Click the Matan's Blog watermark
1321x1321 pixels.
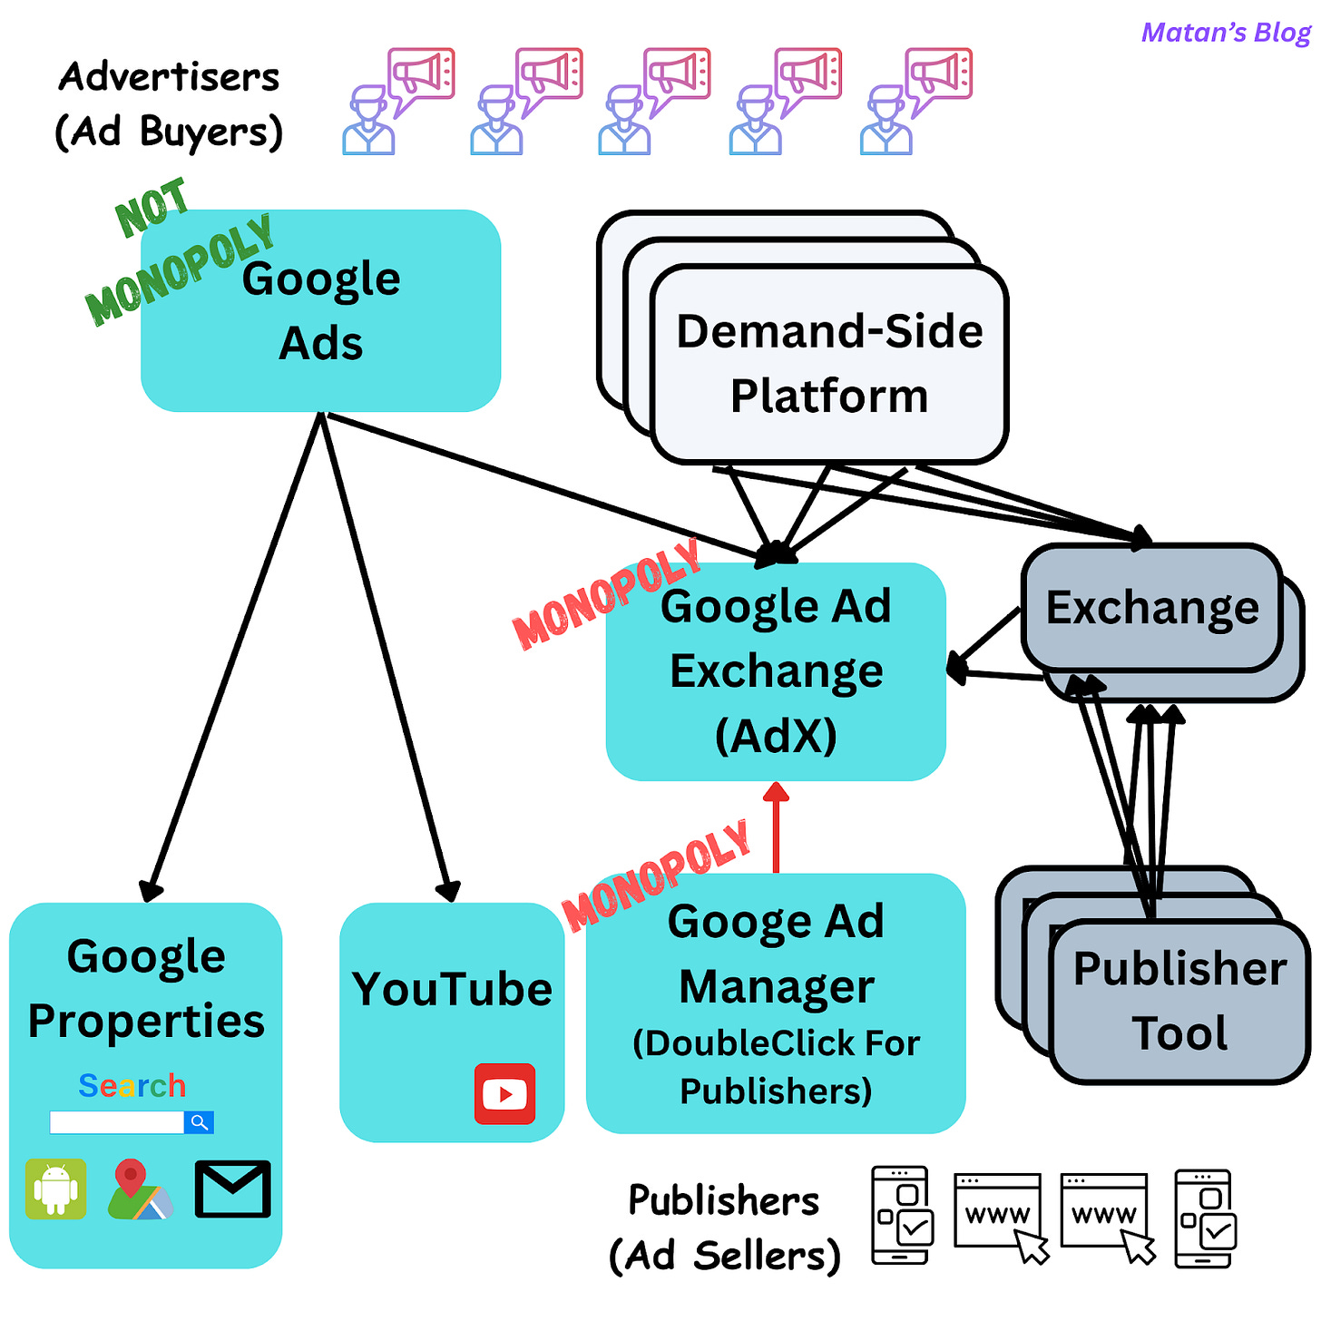pyautogui.click(x=1225, y=33)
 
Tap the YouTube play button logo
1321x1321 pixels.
pyautogui.click(x=504, y=1094)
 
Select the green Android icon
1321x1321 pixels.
pyautogui.click(x=55, y=1189)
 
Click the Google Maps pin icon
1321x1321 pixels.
pyautogui.click(x=138, y=1189)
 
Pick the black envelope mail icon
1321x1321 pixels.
pyautogui.click(x=232, y=1189)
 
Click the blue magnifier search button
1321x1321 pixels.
pyautogui.click(x=199, y=1122)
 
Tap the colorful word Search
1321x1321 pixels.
pyautogui.click(x=132, y=1085)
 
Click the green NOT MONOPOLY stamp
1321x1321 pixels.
pyautogui.click(x=177, y=254)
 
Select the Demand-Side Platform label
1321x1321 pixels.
pyautogui.click(x=829, y=363)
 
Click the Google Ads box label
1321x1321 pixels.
pyautogui.click(x=321, y=310)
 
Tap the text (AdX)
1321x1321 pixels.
pyautogui.click(x=776, y=735)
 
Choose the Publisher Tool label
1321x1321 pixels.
pyautogui.click(x=1179, y=1001)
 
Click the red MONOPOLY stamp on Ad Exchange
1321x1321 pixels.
pyautogui.click(x=606, y=594)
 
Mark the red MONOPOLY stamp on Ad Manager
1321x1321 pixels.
pyautogui.click(x=656, y=875)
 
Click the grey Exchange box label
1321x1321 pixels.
pyautogui.click(x=1152, y=607)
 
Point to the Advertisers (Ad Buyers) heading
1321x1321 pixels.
pyautogui.click(x=169, y=103)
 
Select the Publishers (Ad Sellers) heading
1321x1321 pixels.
pyautogui.click(x=724, y=1228)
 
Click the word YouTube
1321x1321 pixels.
pyautogui.click(x=452, y=989)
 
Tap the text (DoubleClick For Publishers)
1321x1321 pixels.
pyautogui.click(x=776, y=1067)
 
